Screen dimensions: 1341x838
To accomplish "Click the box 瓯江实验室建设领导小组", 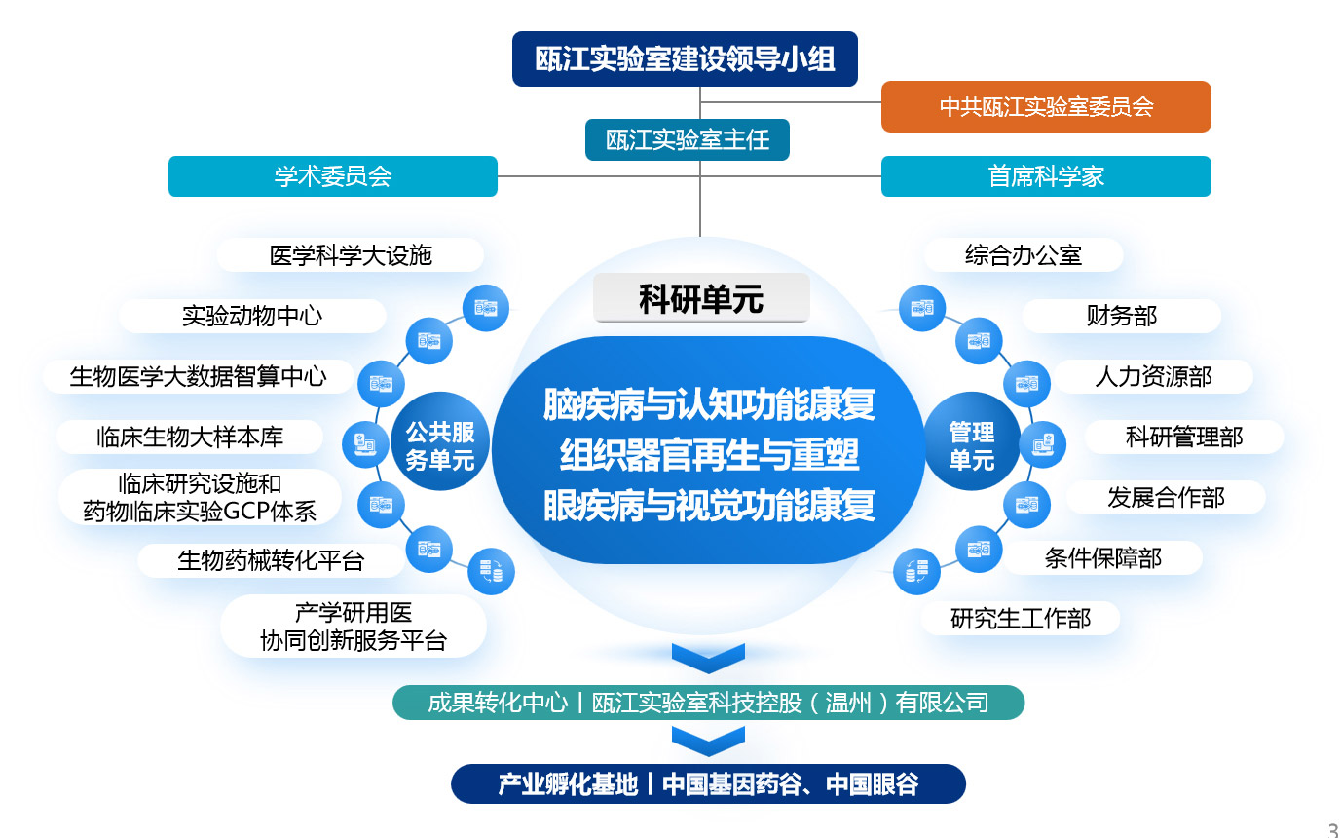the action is tap(685, 58).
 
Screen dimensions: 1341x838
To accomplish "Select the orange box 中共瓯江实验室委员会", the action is tap(1046, 106).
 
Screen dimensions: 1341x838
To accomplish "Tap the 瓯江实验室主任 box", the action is tap(688, 140).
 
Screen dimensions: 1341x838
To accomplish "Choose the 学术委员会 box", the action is tap(333, 176).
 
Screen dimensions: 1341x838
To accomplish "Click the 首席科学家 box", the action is tap(1046, 176).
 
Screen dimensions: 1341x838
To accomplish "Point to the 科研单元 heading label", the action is tap(701, 298).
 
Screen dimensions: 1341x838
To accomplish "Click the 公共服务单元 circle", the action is tap(440, 441).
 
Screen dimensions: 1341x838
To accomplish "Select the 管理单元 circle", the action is tap(972, 441).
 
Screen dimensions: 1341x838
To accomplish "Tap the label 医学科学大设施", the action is tap(351, 255).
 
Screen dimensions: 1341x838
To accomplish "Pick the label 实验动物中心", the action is tap(252, 316).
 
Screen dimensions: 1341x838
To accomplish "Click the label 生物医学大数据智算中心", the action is tap(198, 377).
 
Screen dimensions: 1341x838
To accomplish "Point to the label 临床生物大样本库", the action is tap(190, 437).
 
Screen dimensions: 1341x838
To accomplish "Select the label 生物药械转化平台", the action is tap(271, 560).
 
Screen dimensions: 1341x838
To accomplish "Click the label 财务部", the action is tap(1121, 316).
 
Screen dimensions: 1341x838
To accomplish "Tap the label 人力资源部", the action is tap(1153, 377).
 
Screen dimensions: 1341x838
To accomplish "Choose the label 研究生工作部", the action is tap(1021, 618).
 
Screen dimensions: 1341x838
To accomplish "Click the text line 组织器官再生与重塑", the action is tap(709, 455).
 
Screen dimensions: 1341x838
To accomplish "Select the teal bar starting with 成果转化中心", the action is tap(708, 703).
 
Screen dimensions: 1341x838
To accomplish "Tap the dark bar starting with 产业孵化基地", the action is tap(708, 784).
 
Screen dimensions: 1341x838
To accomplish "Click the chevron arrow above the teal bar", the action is tap(708, 659).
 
